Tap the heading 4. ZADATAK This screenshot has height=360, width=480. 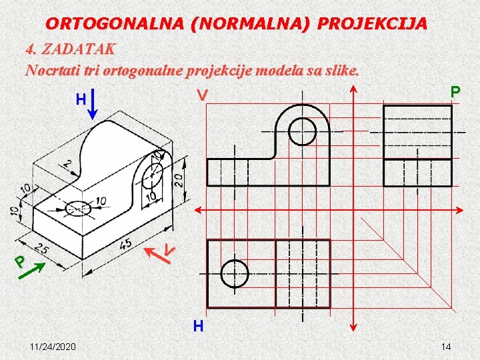[x=70, y=49]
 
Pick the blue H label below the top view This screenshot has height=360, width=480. [x=198, y=326]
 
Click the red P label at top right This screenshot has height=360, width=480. [x=455, y=92]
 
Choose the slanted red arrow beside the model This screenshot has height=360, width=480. [x=156, y=250]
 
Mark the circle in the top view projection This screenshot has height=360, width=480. [x=234, y=273]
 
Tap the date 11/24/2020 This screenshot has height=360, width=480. [x=53, y=347]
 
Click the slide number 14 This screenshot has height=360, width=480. [x=447, y=347]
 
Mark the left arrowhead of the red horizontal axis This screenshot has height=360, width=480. [x=197, y=209]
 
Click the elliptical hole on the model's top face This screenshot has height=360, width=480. [x=78, y=207]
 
